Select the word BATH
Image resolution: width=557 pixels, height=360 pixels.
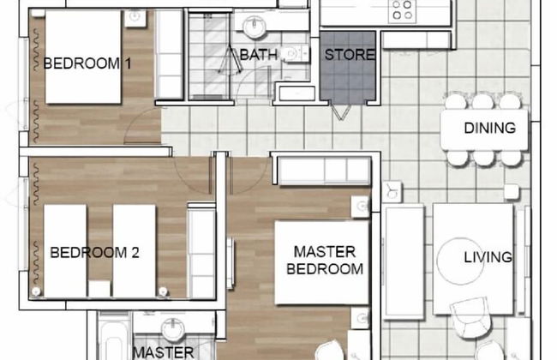[x=258, y=55]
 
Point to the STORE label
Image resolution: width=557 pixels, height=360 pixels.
[x=349, y=55]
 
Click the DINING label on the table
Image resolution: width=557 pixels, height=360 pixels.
[x=489, y=129]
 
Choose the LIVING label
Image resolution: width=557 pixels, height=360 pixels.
[x=488, y=257]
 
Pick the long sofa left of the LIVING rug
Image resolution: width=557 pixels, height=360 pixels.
[x=404, y=261]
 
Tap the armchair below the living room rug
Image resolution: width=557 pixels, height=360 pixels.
[x=470, y=315]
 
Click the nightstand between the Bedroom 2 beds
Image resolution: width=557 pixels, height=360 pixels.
[x=99, y=288]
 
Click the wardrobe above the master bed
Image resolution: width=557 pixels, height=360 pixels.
[x=321, y=170]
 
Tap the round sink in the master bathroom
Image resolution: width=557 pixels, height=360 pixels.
[x=174, y=328]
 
